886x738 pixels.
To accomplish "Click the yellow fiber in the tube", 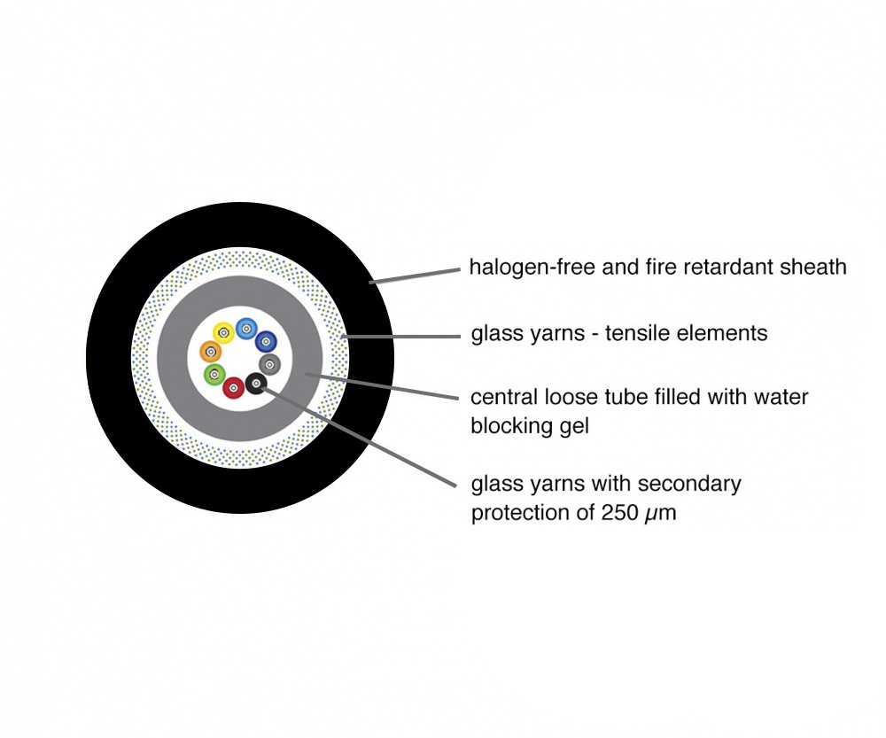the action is (x=223, y=333).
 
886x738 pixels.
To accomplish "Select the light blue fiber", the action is (x=246, y=329).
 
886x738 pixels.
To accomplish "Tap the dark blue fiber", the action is (x=266, y=342).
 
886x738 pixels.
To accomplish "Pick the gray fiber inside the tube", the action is (x=269, y=364).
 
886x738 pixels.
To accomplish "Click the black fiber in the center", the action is (x=257, y=385).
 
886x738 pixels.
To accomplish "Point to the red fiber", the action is (x=233, y=388).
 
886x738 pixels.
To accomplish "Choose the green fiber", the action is (x=214, y=374).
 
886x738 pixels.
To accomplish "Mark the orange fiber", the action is (x=211, y=352).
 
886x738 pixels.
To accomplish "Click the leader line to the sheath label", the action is (x=415, y=276).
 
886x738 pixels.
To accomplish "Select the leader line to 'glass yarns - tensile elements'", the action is (x=400, y=337).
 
